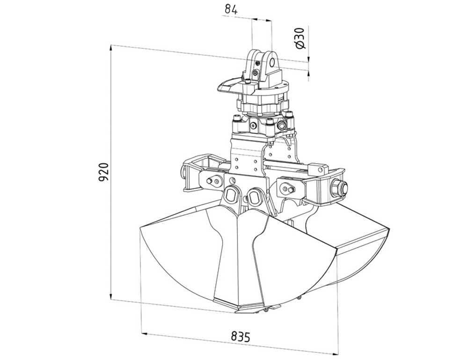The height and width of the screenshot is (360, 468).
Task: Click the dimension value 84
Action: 231,10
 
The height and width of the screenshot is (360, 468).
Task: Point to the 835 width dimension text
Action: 240,337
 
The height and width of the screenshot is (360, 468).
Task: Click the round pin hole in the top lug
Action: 272,62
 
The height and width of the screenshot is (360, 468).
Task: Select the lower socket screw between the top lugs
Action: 255,73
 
